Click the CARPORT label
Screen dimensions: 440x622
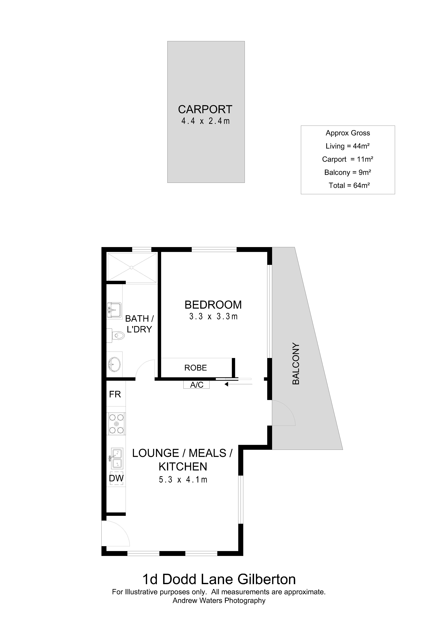[x=205, y=109]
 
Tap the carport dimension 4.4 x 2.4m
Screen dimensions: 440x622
[x=205, y=121]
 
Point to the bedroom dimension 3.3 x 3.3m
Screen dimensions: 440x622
[x=213, y=316]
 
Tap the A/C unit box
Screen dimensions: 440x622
[x=196, y=385]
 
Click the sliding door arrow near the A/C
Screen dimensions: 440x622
[x=238, y=384]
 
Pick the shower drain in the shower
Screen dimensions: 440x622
[x=131, y=268]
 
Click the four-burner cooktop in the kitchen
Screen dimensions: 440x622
[x=116, y=424]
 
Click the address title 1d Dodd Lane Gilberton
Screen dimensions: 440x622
[x=219, y=579]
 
